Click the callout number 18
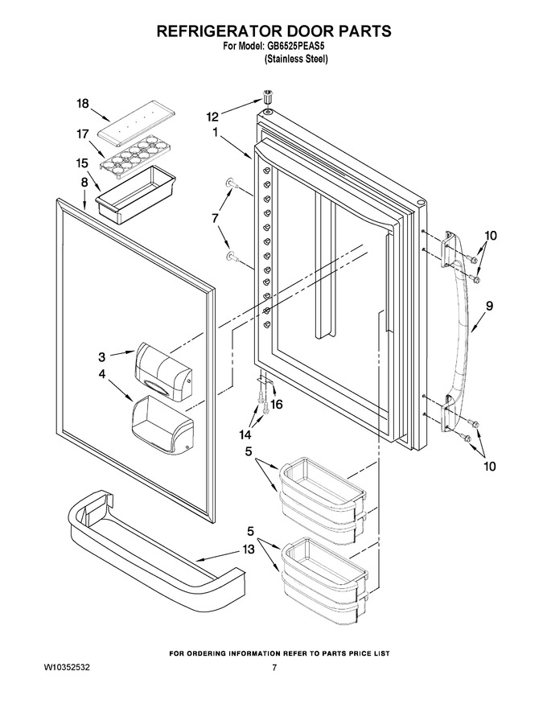[83, 104]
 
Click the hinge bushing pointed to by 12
[268, 97]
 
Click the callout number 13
[249, 549]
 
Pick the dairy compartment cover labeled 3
[163, 371]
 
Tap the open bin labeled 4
[162, 423]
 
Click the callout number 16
[276, 404]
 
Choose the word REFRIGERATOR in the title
[216, 31]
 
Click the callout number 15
[82, 163]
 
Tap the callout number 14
[245, 434]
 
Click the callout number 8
[84, 183]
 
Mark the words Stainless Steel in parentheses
[295, 59]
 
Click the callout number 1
[216, 133]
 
